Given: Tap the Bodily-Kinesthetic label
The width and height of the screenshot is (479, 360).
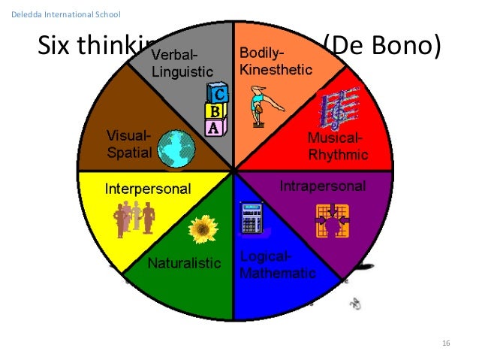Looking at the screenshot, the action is coord(271,61).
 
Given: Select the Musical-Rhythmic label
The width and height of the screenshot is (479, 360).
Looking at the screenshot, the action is coord(337,147).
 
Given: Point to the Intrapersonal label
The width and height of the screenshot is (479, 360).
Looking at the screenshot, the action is coord(323,186).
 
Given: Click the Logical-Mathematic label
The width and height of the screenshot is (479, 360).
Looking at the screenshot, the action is coord(277,265).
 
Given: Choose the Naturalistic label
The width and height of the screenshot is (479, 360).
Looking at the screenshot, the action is coord(184,264).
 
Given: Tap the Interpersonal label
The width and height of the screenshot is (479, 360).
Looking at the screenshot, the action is coord(148,187).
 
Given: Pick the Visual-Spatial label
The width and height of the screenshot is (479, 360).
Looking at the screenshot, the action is coord(129,144).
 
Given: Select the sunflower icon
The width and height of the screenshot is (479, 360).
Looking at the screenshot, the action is coord(202,229).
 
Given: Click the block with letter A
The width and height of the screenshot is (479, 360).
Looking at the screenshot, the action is coord(214,127).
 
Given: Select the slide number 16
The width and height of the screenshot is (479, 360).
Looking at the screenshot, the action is coord(446,343).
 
